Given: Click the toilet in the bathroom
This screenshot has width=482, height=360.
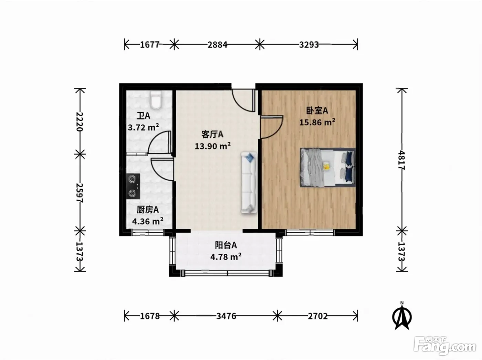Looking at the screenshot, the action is point(156,100).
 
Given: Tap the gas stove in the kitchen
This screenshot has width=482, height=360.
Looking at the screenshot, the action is point(133,186).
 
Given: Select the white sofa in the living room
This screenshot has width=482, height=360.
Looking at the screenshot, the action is point(249,183).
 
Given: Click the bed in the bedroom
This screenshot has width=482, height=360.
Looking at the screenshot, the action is point(328,168).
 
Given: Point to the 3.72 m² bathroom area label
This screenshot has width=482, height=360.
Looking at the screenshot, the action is point(143,127).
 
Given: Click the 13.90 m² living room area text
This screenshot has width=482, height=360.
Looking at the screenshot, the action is point(212,146).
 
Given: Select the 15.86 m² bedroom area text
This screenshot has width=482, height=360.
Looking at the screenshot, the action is point(317,122).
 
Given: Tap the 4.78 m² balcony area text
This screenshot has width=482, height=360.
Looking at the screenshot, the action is point(226,256).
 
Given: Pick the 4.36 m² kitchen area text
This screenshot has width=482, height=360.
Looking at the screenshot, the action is point(148,221).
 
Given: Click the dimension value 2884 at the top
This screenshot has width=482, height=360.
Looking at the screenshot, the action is point(217,45).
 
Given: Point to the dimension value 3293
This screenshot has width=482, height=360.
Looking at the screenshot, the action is point(309,45).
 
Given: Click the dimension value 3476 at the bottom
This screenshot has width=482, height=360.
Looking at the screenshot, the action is point(226,316).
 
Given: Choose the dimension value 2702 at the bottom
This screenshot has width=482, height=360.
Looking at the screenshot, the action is point(318,316).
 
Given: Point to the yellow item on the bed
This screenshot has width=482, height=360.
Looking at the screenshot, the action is point(326,166).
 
